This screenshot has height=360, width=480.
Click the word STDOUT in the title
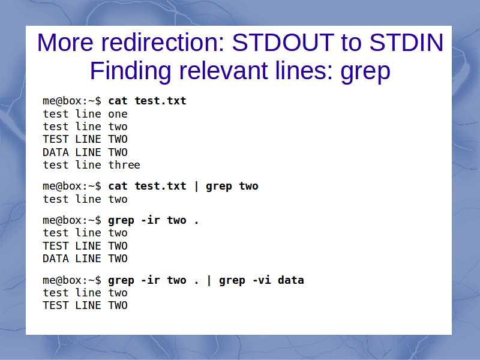click(x=283, y=42)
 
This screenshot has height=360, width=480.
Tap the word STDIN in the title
click(x=406, y=42)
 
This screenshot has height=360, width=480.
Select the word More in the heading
click(x=65, y=42)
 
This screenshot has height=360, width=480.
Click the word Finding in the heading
click(x=130, y=71)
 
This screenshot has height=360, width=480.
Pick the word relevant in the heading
click(x=223, y=71)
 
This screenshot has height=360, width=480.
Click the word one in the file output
click(x=118, y=114)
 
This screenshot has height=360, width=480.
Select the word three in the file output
click(x=124, y=164)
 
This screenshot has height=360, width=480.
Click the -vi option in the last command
click(x=262, y=280)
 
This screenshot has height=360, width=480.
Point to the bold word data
click(x=291, y=280)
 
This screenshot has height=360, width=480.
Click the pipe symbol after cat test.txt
click(x=196, y=186)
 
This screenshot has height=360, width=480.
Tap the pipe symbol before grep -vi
click(x=209, y=280)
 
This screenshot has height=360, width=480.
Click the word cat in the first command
click(x=118, y=101)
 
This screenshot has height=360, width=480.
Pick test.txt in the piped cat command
click(x=160, y=186)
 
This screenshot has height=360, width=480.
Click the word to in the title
click(x=352, y=42)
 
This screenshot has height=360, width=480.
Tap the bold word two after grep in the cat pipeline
click(x=248, y=186)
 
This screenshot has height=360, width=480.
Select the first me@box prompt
click(x=72, y=101)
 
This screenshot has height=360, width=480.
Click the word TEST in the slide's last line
click(x=55, y=305)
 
